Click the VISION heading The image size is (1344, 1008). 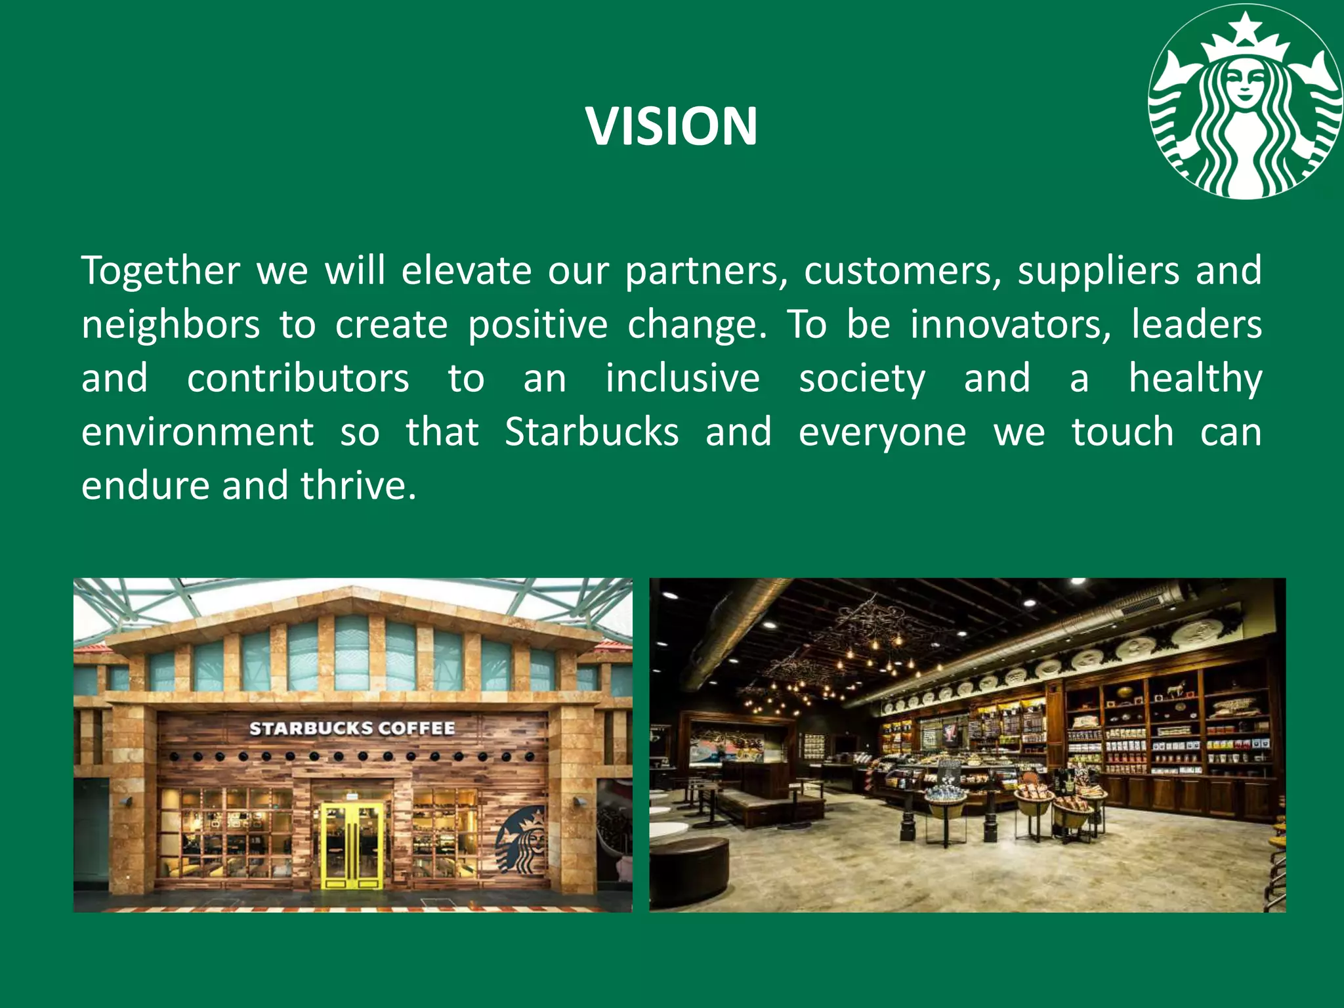pos(672,126)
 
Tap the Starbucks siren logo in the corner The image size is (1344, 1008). pos(1245,102)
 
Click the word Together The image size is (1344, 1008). pos(161,270)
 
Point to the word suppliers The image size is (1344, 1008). pos(1098,272)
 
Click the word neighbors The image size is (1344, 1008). pos(171,325)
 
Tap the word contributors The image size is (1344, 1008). pos(298,379)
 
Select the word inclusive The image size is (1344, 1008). pos(682,379)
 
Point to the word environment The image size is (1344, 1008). pos(198,432)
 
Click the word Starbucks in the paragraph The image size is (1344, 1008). pos(591,432)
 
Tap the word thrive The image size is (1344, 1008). pos(358,486)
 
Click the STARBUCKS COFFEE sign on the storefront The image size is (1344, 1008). pos(352,728)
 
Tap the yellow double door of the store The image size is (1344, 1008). pos(352,844)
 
